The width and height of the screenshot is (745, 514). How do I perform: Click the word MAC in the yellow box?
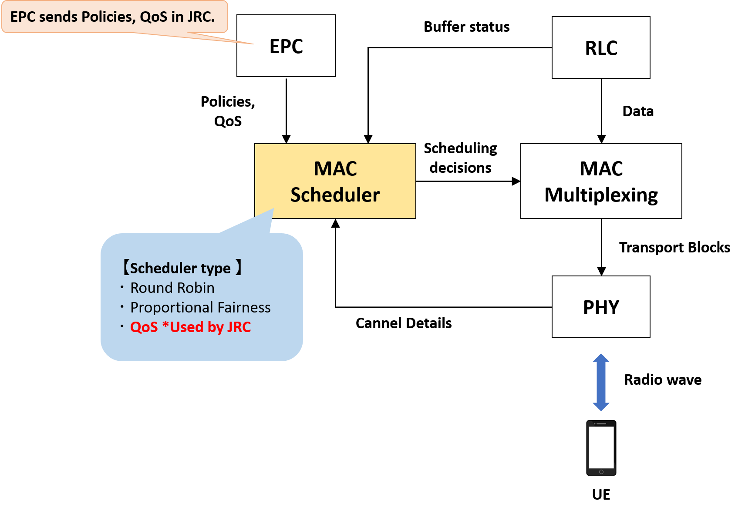(x=335, y=169)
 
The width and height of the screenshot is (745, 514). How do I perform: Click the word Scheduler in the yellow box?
(x=335, y=195)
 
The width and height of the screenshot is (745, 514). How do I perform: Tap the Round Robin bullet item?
(x=172, y=288)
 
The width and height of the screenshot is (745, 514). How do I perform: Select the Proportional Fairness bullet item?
(x=200, y=308)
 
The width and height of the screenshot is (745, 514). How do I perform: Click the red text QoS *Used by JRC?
(x=190, y=327)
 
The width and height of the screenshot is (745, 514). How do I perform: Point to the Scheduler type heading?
(x=180, y=268)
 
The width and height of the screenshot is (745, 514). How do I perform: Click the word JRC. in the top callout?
(x=201, y=17)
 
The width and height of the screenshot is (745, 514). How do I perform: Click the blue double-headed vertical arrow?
(x=601, y=382)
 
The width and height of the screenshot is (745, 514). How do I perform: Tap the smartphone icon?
(x=601, y=448)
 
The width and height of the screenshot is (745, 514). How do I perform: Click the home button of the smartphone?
(x=601, y=472)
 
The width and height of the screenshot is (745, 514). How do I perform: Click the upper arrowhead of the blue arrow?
(x=601, y=358)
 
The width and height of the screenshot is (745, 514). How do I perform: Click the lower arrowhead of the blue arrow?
(x=601, y=406)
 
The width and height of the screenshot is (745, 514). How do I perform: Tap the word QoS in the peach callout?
(x=154, y=17)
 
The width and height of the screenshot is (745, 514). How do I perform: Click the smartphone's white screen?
(x=601, y=447)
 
